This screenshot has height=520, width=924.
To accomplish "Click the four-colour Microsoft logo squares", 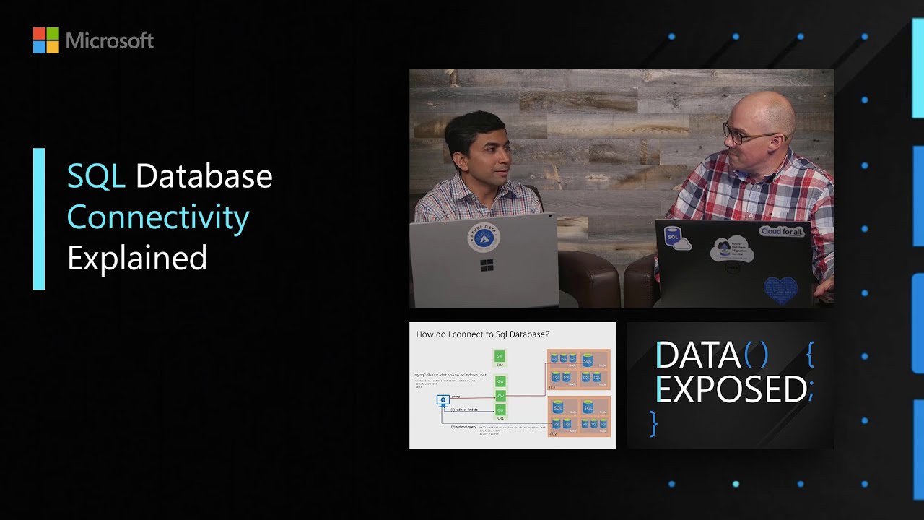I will [x=45, y=40].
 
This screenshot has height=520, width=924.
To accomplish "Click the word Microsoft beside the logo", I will [x=110, y=41].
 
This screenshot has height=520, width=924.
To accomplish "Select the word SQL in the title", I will [x=96, y=176].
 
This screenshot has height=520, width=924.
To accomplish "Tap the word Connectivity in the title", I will [x=158, y=217].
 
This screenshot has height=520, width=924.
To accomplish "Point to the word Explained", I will [x=137, y=258].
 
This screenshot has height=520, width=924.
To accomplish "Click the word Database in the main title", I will [x=204, y=176].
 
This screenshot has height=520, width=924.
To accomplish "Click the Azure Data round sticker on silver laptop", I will [x=484, y=237].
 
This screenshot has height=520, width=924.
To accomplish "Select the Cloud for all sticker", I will [x=782, y=232].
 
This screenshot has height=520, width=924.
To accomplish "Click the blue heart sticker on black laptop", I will [x=780, y=289].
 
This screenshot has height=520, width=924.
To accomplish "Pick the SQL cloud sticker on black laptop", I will [x=676, y=239].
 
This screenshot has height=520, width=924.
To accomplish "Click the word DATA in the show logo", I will [x=697, y=355].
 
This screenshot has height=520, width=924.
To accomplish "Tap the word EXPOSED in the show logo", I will [x=731, y=390].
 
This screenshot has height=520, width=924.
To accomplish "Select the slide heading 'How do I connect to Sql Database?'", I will [x=483, y=334].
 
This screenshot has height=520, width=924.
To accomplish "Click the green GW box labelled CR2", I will [x=500, y=356].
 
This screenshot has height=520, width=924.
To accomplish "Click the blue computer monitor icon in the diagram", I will [x=443, y=399].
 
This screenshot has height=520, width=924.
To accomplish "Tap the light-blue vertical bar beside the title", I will [x=39, y=219].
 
